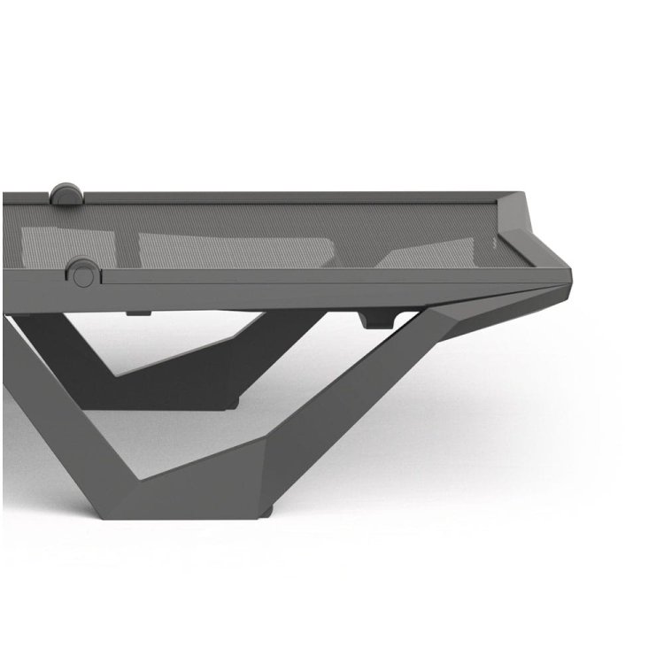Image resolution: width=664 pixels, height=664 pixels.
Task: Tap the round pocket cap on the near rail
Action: point(82,273)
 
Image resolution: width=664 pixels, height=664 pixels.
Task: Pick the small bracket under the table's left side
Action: point(135,312)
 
